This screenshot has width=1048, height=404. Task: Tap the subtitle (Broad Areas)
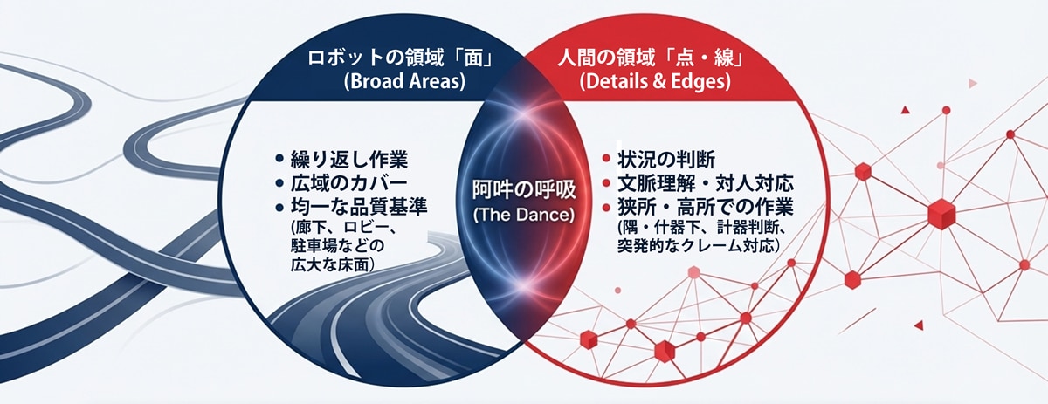coord(404,81)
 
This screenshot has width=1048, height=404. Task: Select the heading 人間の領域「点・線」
coord(651,58)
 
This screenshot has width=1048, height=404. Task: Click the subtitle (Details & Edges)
coord(655,81)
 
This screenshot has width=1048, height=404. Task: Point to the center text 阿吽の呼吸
coord(523,190)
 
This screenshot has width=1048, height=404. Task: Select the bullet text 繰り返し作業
coord(349,160)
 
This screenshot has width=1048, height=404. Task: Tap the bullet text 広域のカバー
coord(349,183)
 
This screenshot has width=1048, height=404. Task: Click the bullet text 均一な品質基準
coord(359,207)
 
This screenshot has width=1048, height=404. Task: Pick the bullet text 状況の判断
coord(666,160)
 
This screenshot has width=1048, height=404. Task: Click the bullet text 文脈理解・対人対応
coord(706,183)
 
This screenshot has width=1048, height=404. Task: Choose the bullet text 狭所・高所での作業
coord(706,207)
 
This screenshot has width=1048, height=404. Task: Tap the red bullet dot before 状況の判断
coord(606,159)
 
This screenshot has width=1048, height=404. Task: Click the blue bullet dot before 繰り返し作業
coord(279,159)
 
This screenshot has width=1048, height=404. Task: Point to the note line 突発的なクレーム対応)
coord(699,245)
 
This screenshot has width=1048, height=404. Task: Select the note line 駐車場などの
coord(337,246)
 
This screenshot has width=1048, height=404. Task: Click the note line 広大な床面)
coord(333,264)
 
